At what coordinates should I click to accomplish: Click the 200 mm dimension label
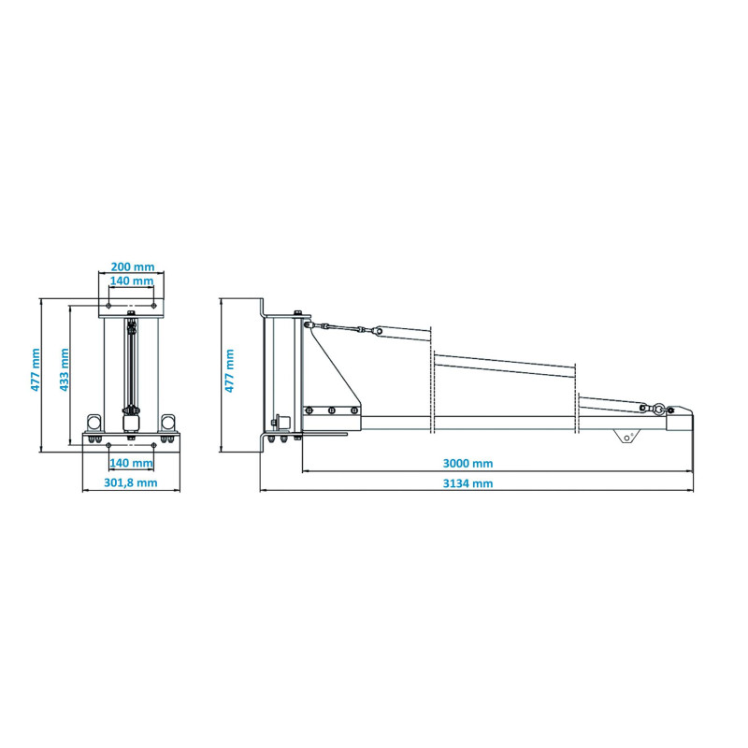pyautogui.click(x=133, y=266)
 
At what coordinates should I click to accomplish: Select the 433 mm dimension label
pyautogui.click(x=64, y=369)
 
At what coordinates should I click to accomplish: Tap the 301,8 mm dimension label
pyautogui.click(x=131, y=482)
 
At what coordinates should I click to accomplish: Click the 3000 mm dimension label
pyautogui.click(x=468, y=463)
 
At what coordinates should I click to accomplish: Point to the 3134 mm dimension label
pyautogui.click(x=468, y=483)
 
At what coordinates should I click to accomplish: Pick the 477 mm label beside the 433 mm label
pyautogui.click(x=36, y=369)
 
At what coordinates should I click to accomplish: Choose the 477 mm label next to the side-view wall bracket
pyautogui.click(x=229, y=370)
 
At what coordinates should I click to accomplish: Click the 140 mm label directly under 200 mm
pyautogui.click(x=132, y=281)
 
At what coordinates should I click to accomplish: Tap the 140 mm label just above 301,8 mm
pyautogui.click(x=131, y=462)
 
